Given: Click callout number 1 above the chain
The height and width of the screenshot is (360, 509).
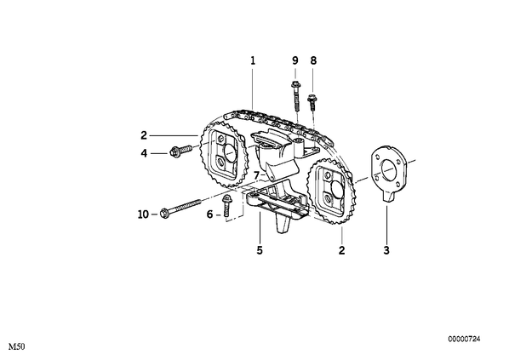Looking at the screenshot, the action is (x=253, y=60).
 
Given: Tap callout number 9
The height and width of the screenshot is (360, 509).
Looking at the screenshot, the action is (x=295, y=60).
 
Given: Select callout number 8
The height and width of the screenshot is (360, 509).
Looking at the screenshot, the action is (x=313, y=60).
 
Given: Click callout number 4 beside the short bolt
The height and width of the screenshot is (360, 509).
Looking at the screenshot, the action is (x=144, y=153).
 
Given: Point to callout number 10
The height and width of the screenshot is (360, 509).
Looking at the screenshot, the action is (x=143, y=214).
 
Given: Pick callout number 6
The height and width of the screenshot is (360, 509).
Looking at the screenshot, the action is (x=209, y=214).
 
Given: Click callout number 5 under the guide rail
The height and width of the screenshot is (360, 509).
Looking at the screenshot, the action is (x=260, y=250).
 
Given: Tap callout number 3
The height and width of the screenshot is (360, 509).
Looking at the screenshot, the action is (x=386, y=250).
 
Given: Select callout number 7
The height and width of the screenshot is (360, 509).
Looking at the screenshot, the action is (x=256, y=175).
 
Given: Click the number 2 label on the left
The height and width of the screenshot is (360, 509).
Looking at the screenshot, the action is (x=144, y=135).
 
